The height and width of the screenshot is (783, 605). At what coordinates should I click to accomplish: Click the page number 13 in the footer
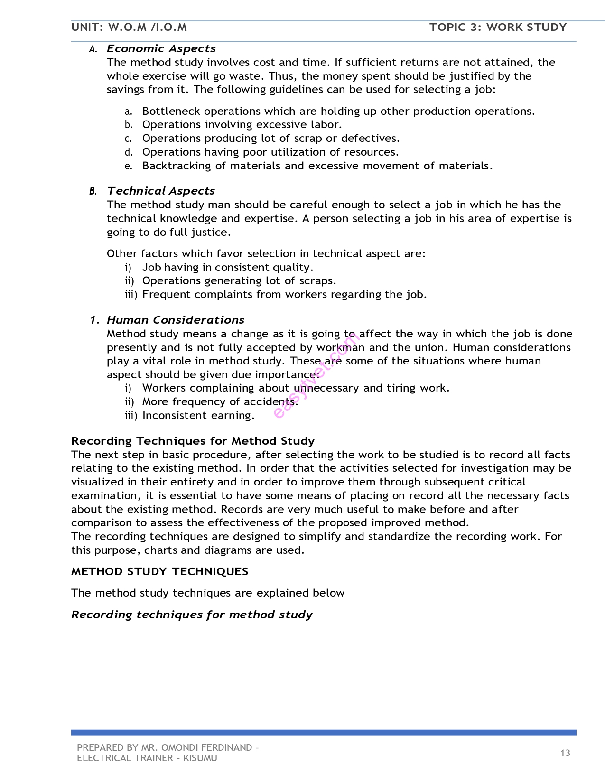click(565, 753)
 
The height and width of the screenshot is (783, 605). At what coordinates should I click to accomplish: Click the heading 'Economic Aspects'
click(161, 48)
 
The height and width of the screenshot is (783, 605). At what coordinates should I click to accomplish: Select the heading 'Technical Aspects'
click(161, 191)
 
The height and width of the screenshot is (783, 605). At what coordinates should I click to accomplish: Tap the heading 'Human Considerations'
click(175, 320)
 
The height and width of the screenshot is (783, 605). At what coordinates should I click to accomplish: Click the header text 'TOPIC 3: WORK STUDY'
click(498, 27)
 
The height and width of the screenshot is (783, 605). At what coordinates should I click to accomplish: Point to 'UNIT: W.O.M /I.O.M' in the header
click(129, 27)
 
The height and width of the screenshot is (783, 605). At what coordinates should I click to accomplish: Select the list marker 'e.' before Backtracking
click(128, 166)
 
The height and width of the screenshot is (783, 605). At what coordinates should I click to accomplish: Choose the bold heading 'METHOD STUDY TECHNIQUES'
click(159, 571)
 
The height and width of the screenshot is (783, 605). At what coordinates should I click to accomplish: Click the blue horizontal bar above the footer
click(324, 733)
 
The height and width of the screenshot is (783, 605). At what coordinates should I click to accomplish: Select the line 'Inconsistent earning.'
click(198, 416)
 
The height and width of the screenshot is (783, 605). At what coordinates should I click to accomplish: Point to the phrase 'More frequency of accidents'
click(218, 402)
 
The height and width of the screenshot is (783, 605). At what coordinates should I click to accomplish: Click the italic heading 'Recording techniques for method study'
click(192, 615)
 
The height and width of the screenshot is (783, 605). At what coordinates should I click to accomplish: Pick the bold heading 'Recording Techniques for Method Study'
click(193, 441)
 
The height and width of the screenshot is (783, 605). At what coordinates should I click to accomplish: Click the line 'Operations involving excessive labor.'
click(242, 125)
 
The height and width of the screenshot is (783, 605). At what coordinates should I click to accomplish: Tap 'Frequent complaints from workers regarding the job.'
click(284, 295)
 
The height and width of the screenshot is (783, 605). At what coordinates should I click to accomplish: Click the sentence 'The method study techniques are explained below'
click(208, 593)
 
